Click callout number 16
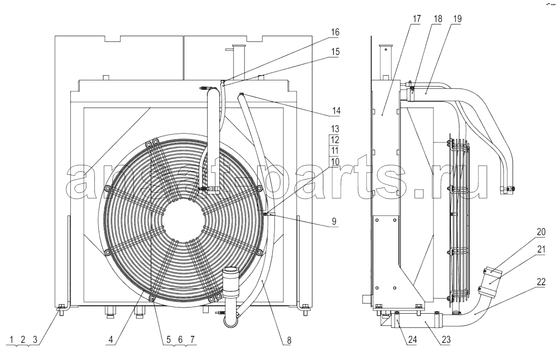[335, 32]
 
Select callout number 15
[335, 52]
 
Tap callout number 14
[336, 110]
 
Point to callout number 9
[334, 221]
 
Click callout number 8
[289, 340]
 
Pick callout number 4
[111, 339]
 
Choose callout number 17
[417, 18]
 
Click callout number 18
[438, 18]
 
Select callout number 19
[457, 18]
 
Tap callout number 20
[541, 232]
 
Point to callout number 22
[541, 281]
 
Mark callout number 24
[412, 340]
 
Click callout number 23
[446, 340]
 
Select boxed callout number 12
[335, 140]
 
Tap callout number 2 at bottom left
[23, 339]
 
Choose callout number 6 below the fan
[180, 339]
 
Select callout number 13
[335, 129]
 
